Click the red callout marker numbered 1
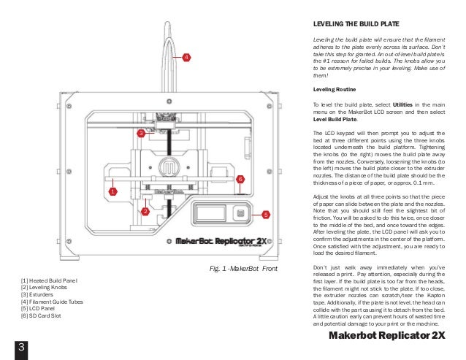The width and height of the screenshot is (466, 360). (x=113, y=191)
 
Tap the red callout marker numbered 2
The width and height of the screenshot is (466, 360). (x=145, y=211)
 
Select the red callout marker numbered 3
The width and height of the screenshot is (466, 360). (x=140, y=134)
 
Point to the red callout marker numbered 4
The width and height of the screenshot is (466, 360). (x=186, y=57)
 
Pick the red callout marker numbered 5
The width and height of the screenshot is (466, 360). (x=266, y=215)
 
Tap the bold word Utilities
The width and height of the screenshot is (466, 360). (x=399, y=105)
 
